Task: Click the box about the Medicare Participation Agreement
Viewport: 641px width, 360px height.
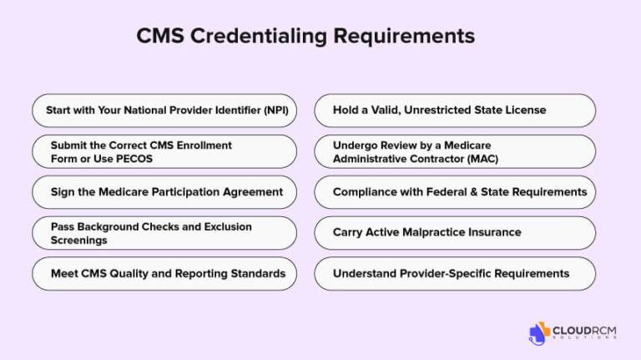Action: [164, 192]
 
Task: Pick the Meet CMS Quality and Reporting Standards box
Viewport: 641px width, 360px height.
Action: [164, 273]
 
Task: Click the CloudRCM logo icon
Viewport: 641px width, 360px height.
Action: [539, 332]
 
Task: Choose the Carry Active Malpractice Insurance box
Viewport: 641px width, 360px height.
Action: [455, 232]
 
